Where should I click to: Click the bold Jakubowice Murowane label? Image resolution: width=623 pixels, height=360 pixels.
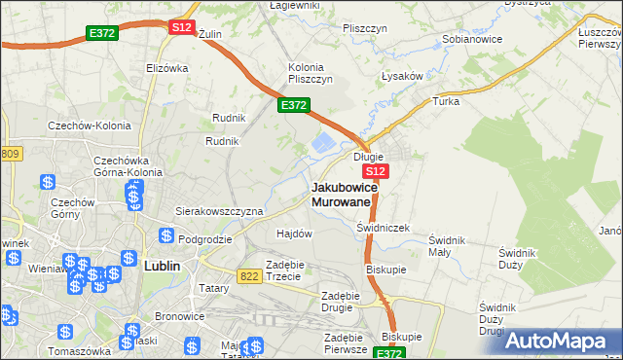pyautogui.click(x=341, y=194)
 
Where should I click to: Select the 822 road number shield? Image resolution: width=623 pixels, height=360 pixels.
pyautogui.click(x=249, y=276)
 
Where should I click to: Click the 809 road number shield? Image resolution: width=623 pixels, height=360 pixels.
pyautogui.click(x=10, y=154)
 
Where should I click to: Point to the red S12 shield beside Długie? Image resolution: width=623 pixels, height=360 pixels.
pyautogui.click(x=378, y=171)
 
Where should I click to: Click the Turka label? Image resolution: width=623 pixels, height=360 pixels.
pyautogui.click(x=446, y=101)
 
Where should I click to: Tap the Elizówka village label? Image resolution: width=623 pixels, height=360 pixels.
pyautogui.click(x=165, y=68)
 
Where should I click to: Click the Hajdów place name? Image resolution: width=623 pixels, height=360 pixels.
pyautogui.click(x=294, y=234)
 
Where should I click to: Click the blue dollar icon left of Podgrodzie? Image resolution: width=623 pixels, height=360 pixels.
pyautogui.click(x=166, y=236)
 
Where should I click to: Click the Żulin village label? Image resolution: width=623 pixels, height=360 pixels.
pyautogui.click(x=210, y=33)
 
